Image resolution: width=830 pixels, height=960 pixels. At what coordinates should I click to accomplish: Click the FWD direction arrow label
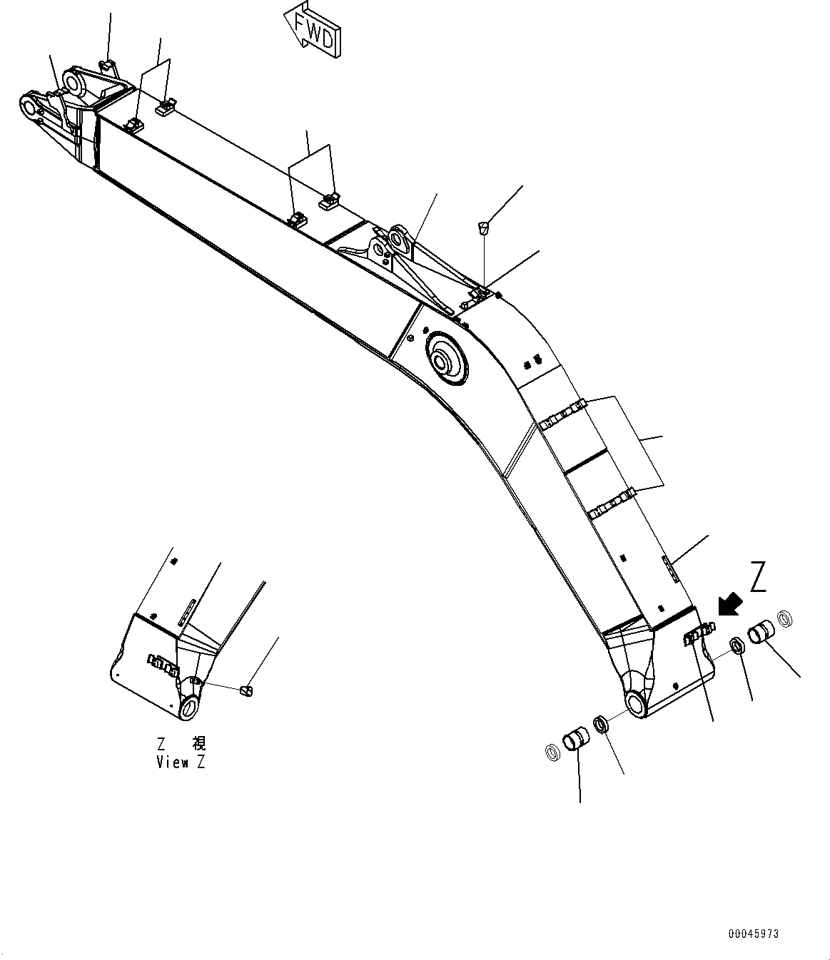pos(313,30)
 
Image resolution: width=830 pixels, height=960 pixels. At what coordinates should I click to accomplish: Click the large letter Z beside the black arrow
pos(758,577)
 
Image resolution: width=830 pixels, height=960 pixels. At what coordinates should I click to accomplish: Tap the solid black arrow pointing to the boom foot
pos(729,605)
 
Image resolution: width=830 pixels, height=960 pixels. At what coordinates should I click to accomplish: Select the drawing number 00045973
pos(754,934)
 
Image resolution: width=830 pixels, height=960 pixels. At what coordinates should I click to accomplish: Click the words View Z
pos(181,762)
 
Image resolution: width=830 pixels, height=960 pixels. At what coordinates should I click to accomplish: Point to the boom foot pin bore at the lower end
pos(634,703)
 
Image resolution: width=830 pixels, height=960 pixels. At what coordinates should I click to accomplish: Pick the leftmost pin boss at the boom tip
pos(29,108)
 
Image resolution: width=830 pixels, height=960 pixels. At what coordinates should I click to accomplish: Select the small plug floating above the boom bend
pos(483,228)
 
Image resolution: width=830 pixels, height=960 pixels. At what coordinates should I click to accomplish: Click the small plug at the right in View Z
pos(246,690)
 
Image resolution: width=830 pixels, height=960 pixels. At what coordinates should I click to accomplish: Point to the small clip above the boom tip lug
pos(106,67)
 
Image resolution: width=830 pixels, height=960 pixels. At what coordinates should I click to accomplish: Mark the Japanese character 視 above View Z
pos(198,744)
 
